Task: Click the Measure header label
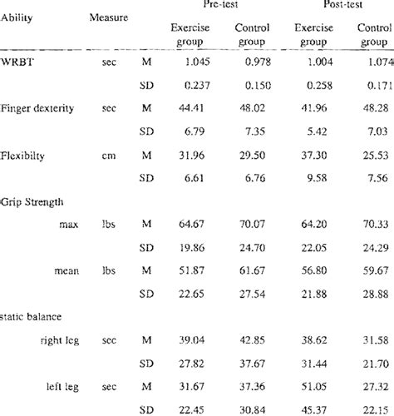pos(108,17)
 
